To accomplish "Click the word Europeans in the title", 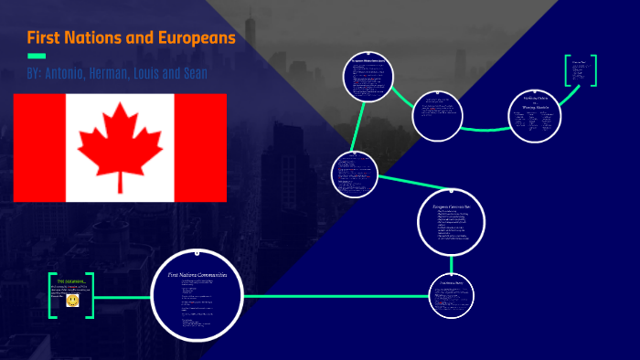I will tap(193, 38).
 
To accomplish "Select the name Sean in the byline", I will tap(192, 73).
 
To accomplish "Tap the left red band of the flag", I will tap(39, 147).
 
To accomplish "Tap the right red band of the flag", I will tap(200, 147).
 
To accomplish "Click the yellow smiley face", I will tap(72, 300).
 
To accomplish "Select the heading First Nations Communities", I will tap(197, 274).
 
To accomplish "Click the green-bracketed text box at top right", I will tap(580, 70).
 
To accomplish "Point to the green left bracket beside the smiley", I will tap(51, 294).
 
